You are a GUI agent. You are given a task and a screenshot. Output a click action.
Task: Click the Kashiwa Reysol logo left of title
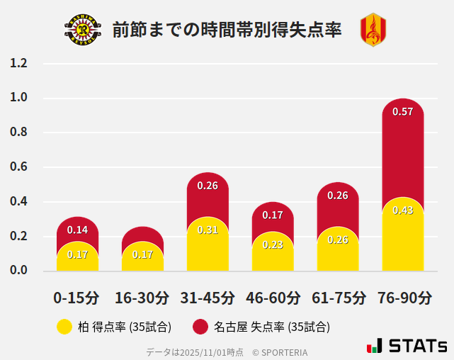83,30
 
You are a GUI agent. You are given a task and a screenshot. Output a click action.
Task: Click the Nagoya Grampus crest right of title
373,30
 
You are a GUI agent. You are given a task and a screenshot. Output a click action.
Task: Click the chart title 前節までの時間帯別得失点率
227,30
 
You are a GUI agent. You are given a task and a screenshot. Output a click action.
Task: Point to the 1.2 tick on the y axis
18,64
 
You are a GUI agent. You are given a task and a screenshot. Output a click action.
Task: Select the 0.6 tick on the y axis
18,167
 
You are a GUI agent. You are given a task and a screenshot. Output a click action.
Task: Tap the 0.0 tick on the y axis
18,271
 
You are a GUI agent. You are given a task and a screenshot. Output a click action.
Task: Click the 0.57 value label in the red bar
402,112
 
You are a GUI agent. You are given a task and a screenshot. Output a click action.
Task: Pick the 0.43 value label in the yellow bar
402,210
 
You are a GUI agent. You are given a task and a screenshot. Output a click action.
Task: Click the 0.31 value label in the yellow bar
208,230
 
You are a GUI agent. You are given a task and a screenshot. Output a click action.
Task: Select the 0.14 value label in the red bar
77,230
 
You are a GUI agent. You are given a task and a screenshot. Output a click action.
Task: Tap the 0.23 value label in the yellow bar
273,244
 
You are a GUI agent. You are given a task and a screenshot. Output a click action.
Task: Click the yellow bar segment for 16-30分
142,257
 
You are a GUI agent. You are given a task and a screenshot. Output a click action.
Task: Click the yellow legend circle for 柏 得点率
64,327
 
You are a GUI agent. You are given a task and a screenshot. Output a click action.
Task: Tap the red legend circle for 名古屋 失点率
200,327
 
